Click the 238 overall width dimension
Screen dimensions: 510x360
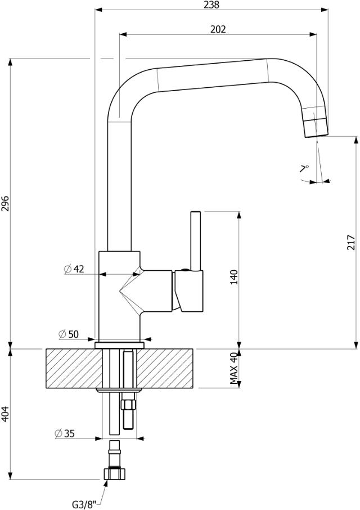pyautogui.click(x=211, y=5)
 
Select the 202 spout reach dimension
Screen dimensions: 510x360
pyautogui.click(x=218, y=29)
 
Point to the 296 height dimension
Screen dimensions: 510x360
pyautogui.click(x=5, y=203)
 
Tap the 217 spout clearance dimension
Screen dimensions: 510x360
pyautogui.click(x=350, y=241)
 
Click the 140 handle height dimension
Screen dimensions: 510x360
pyautogui.click(x=234, y=278)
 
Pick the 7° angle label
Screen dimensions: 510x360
pyautogui.click(x=304, y=168)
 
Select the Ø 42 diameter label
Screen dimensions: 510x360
pyautogui.click(x=74, y=269)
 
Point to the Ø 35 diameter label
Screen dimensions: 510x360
pyautogui.click(x=65, y=433)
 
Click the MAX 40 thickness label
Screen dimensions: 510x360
pyautogui.click(x=235, y=368)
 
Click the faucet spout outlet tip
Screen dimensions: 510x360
pyautogui.click(x=316, y=127)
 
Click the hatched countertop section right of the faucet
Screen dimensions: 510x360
pyautogui.click(x=169, y=368)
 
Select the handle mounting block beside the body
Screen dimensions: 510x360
pyautogui.click(x=188, y=290)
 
